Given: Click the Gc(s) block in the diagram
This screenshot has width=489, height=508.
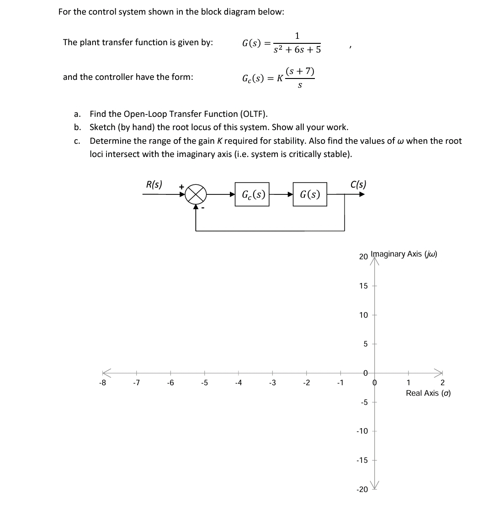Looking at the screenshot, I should click(252, 194).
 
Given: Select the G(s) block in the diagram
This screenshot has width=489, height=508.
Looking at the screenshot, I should click(310, 194).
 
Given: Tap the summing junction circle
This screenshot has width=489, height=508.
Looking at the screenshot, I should click(196, 194).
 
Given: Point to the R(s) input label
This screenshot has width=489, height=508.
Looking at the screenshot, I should click(154, 184).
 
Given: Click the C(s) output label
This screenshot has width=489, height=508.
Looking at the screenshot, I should click(358, 184).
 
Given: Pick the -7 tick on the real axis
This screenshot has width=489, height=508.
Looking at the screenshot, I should click(136, 383).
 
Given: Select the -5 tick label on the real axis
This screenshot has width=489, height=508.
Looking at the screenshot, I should click(204, 383).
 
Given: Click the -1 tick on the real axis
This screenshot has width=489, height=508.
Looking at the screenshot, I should click(340, 383).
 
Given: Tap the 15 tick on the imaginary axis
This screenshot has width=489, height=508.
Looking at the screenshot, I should click(363, 286).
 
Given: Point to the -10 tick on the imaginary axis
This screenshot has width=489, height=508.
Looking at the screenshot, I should click(362, 431).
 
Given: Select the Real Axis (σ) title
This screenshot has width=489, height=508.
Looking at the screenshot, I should click(428, 393).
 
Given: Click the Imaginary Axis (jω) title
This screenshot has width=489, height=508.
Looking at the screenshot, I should click(404, 254).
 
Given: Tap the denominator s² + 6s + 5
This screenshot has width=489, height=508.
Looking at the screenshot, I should click(297, 49).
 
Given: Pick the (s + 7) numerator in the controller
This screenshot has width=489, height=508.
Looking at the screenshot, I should click(299, 71).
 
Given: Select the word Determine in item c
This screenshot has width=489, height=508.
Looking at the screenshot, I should click(110, 141).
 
